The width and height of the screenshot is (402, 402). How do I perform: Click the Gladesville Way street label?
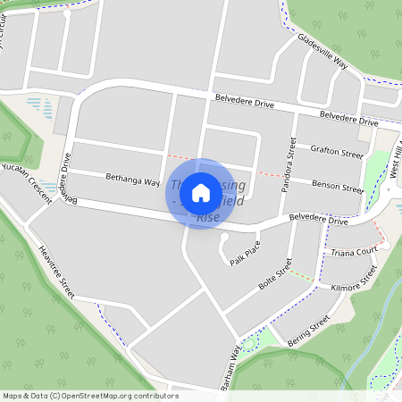click(x=322, y=52)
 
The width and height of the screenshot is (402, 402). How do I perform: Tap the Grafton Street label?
click(x=338, y=154)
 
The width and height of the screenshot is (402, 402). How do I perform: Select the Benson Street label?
click(x=338, y=187)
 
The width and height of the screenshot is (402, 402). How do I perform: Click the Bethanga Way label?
click(x=132, y=180)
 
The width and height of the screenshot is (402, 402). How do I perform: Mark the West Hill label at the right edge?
click(x=397, y=165)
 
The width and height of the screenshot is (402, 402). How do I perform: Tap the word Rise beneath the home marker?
click(x=207, y=218)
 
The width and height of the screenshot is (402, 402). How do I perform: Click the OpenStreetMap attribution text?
click(x=89, y=396)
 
